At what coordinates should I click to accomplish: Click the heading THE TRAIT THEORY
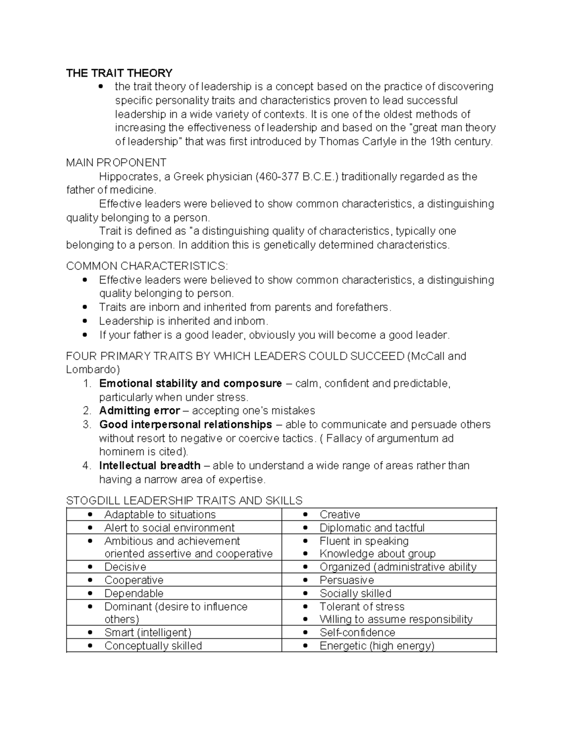(x=119, y=73)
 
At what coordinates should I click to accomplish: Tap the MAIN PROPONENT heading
(x=116, y=163)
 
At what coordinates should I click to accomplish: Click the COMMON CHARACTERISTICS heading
(x=147, y=266)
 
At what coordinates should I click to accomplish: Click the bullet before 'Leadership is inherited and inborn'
(x=84, y=321)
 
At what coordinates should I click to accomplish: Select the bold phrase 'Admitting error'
(x=139, y=411)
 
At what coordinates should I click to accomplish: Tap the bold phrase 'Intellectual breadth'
(x=150, y=466)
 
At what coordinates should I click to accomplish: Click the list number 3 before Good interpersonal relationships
(x=86, y=424)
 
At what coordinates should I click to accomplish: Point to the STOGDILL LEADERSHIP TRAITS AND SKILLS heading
(x=184, y=500)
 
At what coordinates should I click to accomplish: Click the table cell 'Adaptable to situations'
(x=160, y=514)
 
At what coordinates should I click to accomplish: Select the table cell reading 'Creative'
(x=340, y=514)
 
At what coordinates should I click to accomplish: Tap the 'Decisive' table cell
(x=125, y=567)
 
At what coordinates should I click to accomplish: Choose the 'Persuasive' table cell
(x=347, y=580)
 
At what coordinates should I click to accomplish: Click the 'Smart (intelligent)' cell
(x=148, y=632)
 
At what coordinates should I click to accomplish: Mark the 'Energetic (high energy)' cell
(x=377, y=645)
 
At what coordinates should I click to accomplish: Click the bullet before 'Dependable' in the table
(x=90, y=593)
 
